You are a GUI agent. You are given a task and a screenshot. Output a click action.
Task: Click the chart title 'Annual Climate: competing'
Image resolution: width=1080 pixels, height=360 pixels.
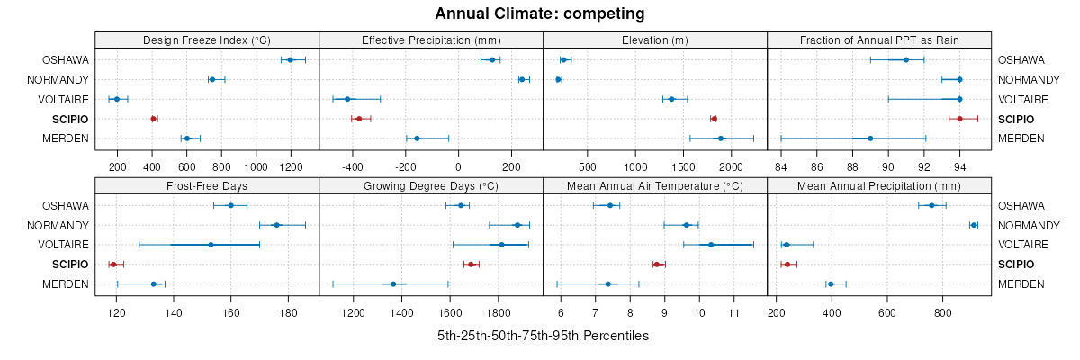click(539, 13)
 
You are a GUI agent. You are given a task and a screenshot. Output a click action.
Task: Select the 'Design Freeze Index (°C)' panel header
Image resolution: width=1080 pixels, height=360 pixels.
click(207, 40)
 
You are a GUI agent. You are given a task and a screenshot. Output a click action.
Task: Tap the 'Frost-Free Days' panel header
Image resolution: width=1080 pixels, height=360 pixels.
click(207, 186)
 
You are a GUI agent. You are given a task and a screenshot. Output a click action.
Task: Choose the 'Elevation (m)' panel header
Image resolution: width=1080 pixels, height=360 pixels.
click(655, 40)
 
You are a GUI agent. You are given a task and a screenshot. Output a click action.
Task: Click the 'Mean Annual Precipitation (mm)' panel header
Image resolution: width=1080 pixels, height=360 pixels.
click(879, 186)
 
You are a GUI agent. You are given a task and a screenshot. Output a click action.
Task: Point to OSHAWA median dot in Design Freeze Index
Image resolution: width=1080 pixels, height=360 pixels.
click(290, 60)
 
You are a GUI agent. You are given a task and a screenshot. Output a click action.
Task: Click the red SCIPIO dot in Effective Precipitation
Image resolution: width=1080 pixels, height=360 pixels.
click(358, 119)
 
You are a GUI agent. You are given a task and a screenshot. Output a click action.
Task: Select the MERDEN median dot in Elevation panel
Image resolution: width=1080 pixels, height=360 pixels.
click(721, 139)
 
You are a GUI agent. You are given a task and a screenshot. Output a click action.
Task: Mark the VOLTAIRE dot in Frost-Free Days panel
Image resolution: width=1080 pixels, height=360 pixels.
click(211, 245)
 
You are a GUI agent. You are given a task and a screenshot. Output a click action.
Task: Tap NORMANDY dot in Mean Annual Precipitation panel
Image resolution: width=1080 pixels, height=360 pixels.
click(974, 225)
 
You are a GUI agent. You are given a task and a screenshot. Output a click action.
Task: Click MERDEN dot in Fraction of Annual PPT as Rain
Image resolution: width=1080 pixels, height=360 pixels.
click(870, 139)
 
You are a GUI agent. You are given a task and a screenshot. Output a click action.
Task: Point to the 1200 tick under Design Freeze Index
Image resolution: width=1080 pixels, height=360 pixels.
click(290, 166)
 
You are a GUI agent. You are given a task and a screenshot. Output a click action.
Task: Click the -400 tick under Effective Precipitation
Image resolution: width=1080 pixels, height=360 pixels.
click(352, 166)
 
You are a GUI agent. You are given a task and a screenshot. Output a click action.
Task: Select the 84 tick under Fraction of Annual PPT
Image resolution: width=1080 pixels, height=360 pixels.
click(781, 166)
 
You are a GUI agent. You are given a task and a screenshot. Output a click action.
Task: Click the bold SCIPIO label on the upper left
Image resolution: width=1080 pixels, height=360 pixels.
click(70, 119)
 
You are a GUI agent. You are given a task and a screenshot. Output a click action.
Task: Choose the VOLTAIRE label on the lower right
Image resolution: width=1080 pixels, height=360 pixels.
click(1021, 245)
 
